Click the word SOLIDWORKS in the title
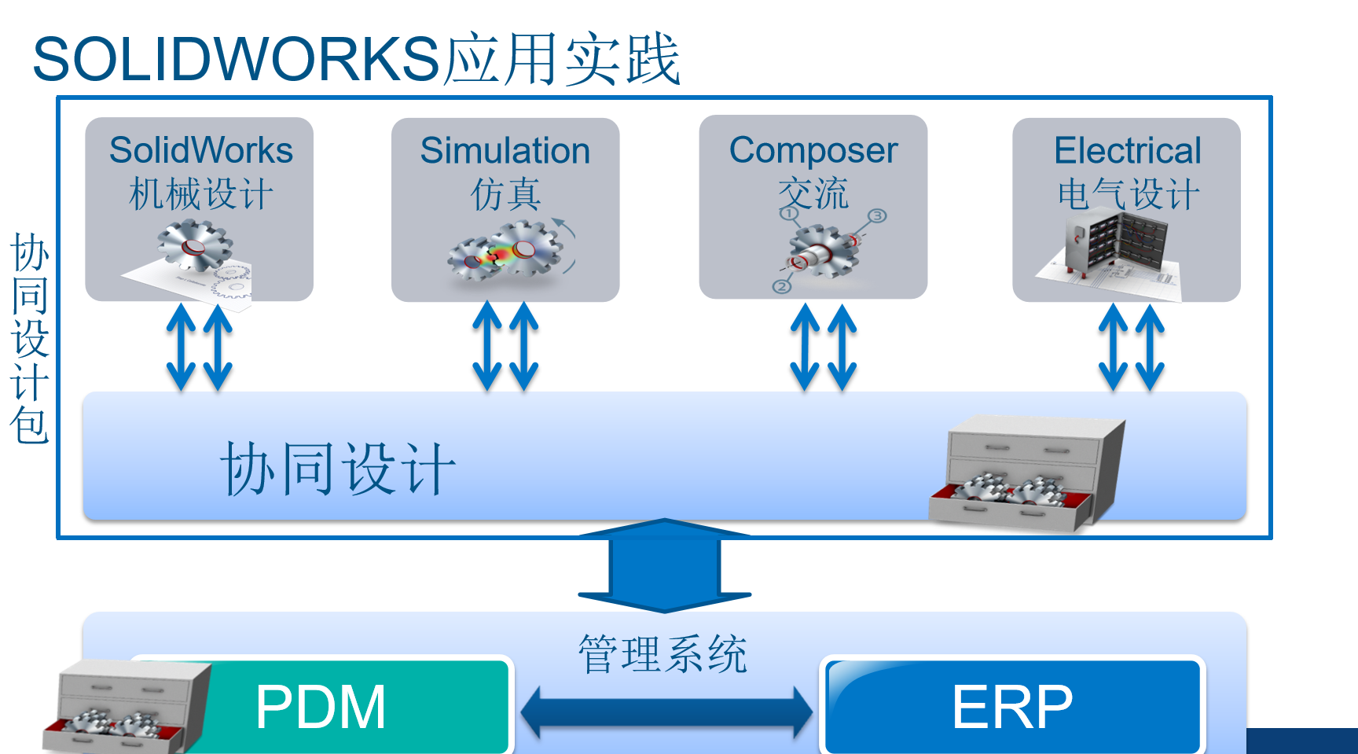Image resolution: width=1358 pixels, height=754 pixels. (x=236, y=59)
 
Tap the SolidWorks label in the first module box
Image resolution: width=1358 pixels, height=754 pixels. (x=201, y=150)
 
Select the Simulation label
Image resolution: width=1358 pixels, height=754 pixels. (x=505, y=150)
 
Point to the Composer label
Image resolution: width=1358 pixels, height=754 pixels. (x=813, y=150)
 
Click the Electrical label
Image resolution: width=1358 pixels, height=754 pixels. (x=1128, y=150)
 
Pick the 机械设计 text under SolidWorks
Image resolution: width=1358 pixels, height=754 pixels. (x=201, y=194)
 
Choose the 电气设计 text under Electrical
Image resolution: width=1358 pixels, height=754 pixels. (x=1129, y=194)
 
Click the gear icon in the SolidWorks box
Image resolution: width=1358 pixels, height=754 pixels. (x=194, y=245)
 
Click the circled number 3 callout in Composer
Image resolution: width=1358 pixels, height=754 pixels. (x=877, y=215)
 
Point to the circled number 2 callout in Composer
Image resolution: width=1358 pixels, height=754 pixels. (x=781, y=286)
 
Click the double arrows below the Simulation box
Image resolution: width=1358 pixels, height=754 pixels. (x=505, y=347)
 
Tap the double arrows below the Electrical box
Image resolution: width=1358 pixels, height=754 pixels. (x=1132, y=347)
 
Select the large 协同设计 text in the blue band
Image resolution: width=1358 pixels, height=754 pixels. (x=338, y=469)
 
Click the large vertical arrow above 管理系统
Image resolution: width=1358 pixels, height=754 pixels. (x=665, y=566)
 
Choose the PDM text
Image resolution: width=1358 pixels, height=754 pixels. (x=321, y=707)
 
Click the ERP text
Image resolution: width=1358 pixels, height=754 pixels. (x=1012, y=707)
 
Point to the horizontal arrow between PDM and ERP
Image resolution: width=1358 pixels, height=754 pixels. (x=666, y=712)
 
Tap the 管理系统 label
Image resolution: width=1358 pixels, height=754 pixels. (x=662, y=654)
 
